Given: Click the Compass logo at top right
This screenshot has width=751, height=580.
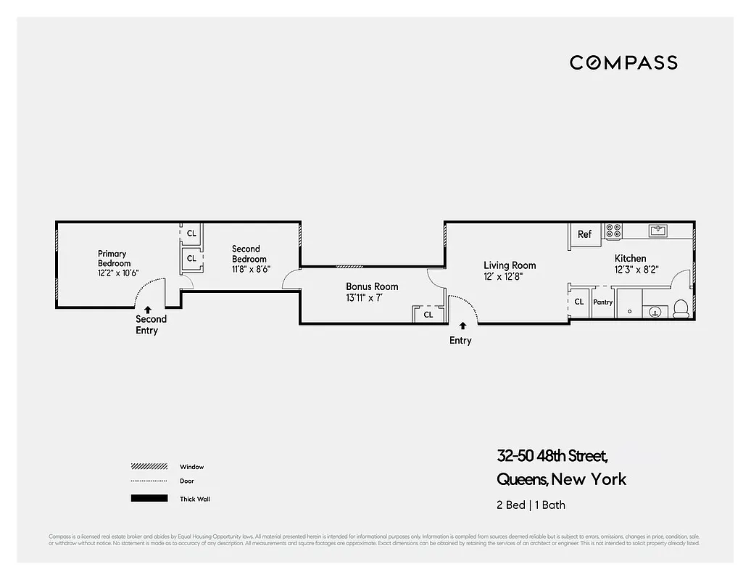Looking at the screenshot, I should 623,62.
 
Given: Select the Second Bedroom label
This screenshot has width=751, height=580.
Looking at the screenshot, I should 249,259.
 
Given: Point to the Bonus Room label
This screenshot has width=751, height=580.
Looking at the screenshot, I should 372,292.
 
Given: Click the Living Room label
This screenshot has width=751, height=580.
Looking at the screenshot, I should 510,270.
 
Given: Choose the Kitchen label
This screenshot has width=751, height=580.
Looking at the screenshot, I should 630,263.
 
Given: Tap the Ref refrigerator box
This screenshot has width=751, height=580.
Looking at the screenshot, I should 585,234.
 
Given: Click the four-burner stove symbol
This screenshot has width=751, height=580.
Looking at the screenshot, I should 613,231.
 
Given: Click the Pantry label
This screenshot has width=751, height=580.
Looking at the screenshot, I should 603,302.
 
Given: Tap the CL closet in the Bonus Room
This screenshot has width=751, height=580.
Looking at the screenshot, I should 428,315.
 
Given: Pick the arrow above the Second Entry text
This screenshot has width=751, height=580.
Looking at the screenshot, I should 148,310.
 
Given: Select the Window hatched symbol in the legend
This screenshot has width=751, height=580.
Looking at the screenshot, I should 149,467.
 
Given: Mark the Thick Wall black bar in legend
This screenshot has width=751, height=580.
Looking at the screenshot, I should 149,499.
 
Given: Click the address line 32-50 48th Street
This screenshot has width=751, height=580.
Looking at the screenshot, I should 552,456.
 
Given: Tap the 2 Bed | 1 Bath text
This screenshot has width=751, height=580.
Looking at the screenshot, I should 531,505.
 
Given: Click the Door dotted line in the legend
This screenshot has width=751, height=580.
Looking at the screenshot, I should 149,481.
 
